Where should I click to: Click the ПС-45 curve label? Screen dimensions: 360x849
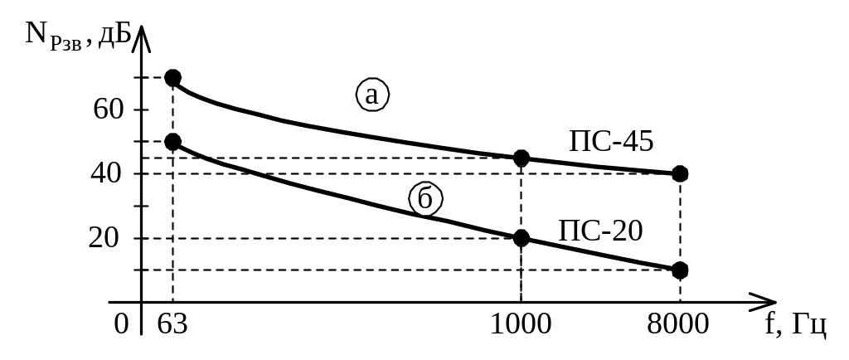click(x=612, y=141)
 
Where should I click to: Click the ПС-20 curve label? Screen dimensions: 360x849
click(x=601, y=230)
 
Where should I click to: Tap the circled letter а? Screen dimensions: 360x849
click(x=372, y=95)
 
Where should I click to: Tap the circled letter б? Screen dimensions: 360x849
click(x=425, y=200)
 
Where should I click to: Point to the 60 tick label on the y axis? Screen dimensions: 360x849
click(x=108, y=109)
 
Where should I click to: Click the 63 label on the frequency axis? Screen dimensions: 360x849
click(x=172, y=324)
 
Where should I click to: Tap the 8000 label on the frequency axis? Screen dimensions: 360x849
click(x=678, y=324)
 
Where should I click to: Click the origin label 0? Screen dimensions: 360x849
click(x=122, y=324)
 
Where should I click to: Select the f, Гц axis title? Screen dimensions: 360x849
click(x=795, y=324)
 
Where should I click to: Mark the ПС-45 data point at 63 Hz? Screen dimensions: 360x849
click(x=172, y=78)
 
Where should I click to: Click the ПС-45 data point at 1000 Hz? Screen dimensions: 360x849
click(x=522, y=158)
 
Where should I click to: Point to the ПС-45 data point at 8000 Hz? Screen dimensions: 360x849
click(x=680, y=173)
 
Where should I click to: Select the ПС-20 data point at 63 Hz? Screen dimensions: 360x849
click(x=172, y=142)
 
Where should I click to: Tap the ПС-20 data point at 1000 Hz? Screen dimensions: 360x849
click(x=522, y=238)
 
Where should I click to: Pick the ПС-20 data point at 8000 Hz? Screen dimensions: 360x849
click(x=680, y=270)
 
